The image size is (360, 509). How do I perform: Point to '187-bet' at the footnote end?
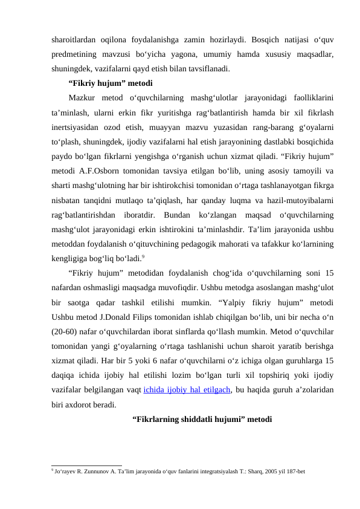(x=295, y=469)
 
